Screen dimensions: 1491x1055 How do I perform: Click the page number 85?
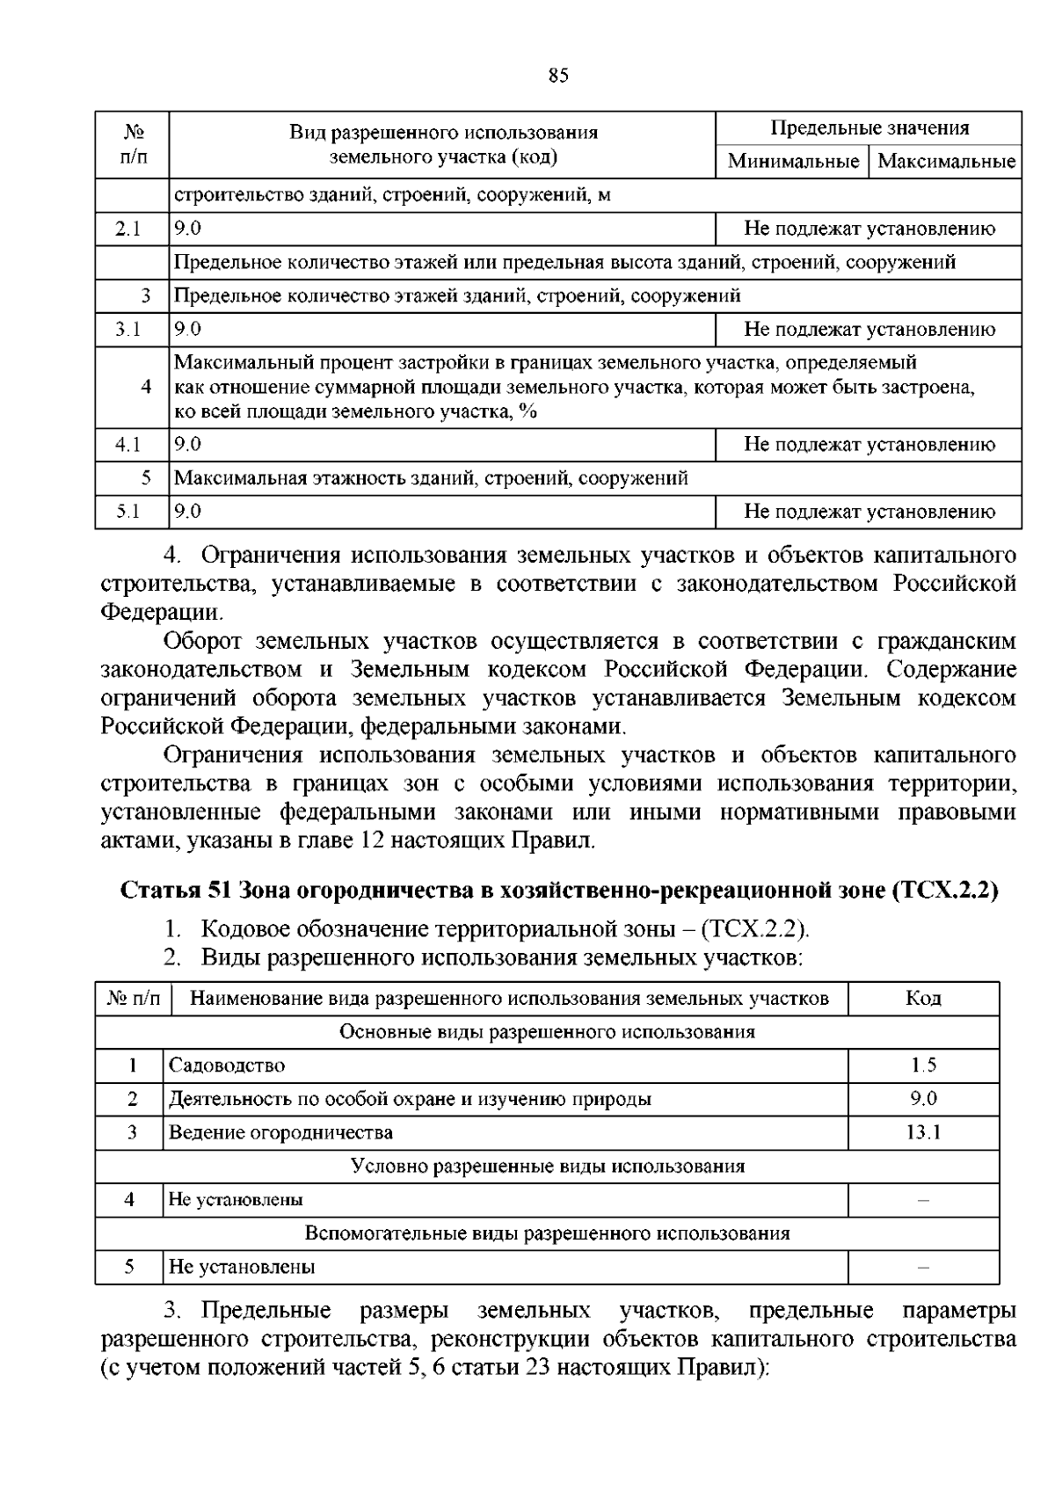[x=558, y=76]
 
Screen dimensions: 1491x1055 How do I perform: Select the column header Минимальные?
[x=793, y=162]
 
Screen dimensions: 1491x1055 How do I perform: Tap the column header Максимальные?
[x=946, y=162]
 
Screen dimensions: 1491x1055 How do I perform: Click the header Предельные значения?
[x=869, y=128]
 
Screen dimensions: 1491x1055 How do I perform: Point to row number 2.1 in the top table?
[x=128, y=229]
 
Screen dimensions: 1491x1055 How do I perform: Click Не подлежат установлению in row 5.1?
[x=869, y=512]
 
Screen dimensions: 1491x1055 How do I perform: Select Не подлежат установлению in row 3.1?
[x=869, y=330]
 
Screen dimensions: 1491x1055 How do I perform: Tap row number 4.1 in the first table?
[x=128, y=445]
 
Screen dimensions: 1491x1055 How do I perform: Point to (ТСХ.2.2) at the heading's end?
[x=946, y=891]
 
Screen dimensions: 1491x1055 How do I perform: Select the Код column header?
[x=923, y=999]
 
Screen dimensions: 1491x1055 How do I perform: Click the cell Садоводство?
[x=227, y=1066]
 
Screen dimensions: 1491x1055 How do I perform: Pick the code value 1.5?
[x=923, y=1066]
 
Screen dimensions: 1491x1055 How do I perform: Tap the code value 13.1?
[x=923, y=1132]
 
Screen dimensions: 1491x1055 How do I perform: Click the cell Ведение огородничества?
[x=280, y=1132]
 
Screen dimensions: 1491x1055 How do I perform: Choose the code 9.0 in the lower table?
[x=923, y=1099]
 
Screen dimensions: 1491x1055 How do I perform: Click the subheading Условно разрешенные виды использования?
[x=547, y=1167]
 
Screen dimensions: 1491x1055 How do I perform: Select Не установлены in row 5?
[x=242, y=1267]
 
